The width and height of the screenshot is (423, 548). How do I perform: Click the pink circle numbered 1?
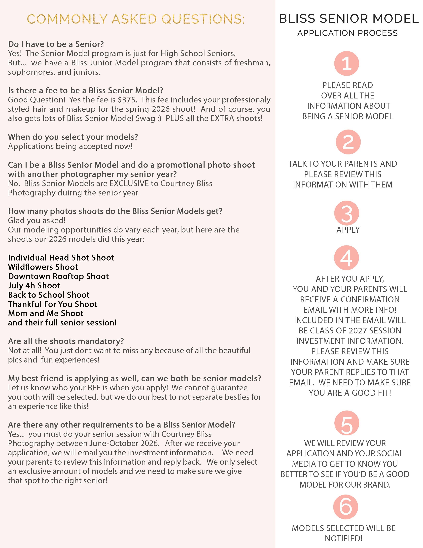pos(347,63)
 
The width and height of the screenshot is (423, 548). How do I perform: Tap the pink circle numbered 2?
pos(348,142)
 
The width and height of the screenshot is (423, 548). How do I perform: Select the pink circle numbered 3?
pos(347,213)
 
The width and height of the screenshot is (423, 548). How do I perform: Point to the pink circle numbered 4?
pos(347,258)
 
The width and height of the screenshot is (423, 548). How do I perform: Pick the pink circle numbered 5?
pos(347,423)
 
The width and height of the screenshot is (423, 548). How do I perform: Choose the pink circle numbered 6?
pos(346,507)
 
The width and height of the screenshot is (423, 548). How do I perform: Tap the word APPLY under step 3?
pos(348,230)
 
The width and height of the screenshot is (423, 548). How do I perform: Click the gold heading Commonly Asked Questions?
pos(136,19)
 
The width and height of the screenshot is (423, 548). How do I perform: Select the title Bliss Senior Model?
pos(349,19)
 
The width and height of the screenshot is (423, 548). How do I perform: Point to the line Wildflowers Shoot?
pos(43,267)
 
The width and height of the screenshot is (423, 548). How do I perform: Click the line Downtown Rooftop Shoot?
pos(58,276)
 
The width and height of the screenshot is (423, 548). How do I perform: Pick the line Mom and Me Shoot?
pos(46,313)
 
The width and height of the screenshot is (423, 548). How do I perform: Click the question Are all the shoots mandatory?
pos(66,341)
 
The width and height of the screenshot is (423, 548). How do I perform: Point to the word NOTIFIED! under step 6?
pos(344,539)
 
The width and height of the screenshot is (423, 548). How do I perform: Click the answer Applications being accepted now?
pos(70,146)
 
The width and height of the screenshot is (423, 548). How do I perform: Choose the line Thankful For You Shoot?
pos(53,304)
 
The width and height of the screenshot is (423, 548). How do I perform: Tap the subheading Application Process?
pos(349,33)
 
